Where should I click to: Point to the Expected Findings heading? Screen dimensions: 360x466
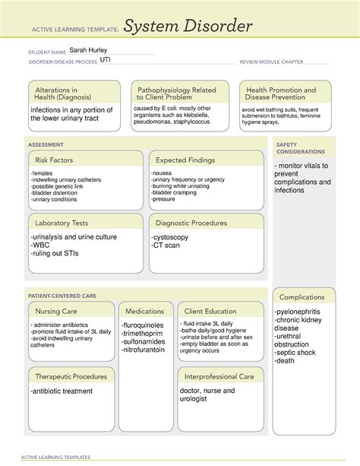point(185,160)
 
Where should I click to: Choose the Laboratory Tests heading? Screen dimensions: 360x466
point(62,223)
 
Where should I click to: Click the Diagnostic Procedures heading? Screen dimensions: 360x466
point(191,223)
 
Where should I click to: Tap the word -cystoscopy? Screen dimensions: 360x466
point(174,237)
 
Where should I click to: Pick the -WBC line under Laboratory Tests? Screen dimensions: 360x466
point(42,246)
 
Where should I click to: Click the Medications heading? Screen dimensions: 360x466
point(145,311)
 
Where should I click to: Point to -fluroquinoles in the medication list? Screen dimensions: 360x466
point(147,325)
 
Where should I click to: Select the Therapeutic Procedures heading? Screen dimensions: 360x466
point(69,376)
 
